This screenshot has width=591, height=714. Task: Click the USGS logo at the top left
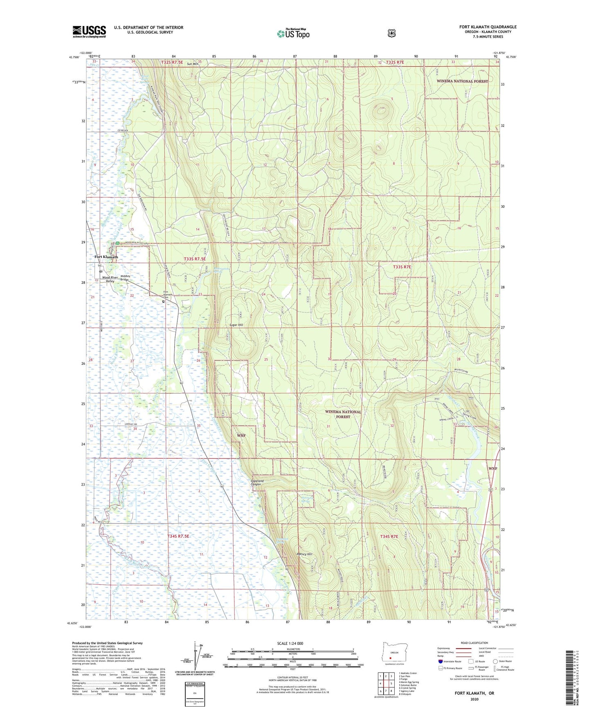click(x=89, y=31)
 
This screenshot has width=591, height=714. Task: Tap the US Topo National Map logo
click(x=292, y=34)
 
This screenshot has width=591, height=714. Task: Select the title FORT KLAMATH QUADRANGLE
click(x=488, y=27)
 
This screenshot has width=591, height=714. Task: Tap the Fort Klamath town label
click(x=106, y=257)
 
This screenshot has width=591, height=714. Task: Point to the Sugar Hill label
click(x=236, y=325)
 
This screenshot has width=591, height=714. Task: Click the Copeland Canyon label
click(x=257, y=483)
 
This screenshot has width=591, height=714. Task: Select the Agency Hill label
click(x=304, y=554)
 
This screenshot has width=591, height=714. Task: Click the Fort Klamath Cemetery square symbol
click(x=163, y=301)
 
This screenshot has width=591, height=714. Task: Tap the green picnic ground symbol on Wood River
click(x=118, y=244)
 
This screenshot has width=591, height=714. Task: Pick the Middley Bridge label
click(x=125, y=278)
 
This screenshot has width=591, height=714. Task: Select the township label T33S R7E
click(x=402, y=267)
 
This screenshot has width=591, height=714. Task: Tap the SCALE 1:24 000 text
click(x=290, y=643)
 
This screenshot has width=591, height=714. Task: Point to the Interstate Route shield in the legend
click(x=440, y=661)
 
